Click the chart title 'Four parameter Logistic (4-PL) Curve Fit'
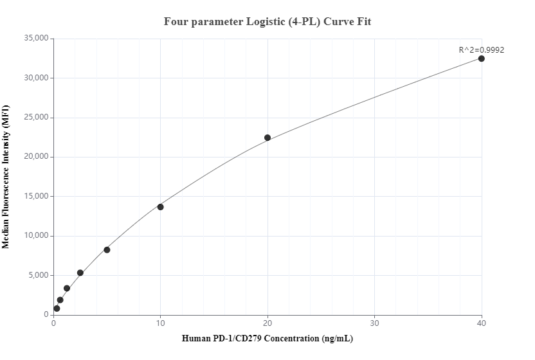(267, 22)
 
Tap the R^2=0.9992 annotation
(482, 50)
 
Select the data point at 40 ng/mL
(482, 59)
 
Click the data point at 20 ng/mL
(267, 138)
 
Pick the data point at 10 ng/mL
(161, 207)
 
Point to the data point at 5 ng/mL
(107, 250)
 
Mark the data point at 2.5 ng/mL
(80, 273)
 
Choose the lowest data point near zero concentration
(57, 309)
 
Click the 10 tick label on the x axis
(161, 323)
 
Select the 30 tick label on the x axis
(374, 323)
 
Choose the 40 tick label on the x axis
(482, 323)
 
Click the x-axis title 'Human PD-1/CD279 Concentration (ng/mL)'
(267, 339)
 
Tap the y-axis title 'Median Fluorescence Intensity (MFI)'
(6, 177)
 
